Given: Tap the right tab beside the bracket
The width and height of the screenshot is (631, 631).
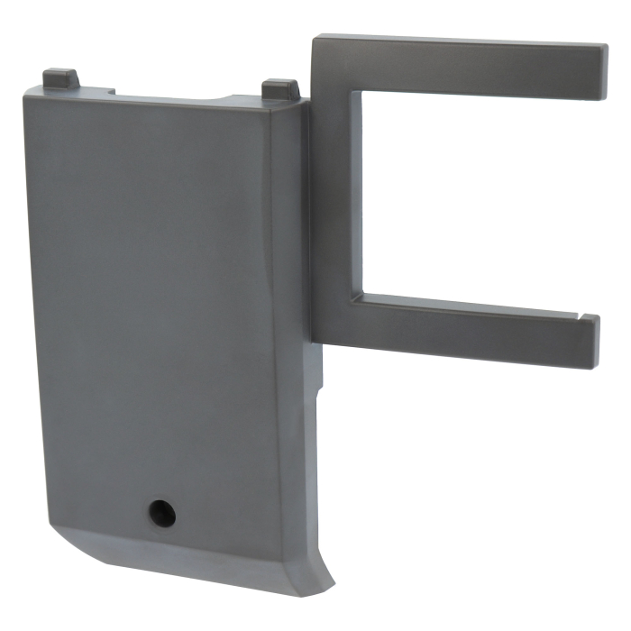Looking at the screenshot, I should tap(280, 90).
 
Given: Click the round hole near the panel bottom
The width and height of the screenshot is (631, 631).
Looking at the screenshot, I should tap(162, 513).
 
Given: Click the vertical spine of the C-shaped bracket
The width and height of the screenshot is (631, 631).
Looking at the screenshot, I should tap(335, 198).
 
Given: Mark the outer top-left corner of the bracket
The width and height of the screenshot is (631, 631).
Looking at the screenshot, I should tap(315, 40).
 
